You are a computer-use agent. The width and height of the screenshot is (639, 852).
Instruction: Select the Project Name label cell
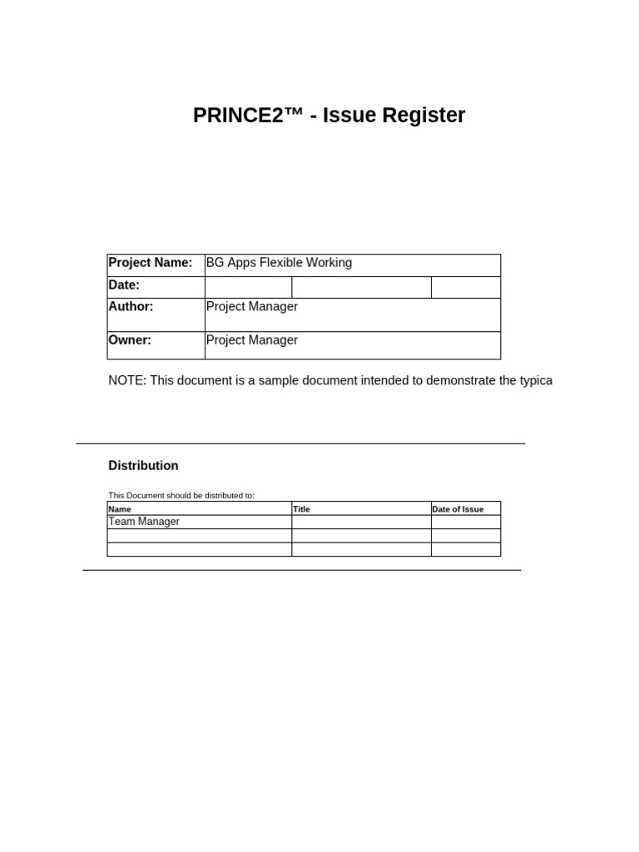pyautogui.click(x=151, y=263)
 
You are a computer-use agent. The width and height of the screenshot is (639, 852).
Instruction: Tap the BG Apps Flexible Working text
pyautogui.click(x=279, y=263)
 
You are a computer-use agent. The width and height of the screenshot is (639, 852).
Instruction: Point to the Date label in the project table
pyautogui.click(x=124, y=285)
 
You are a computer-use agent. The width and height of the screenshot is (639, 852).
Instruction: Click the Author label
pyautogui.click(x=131, y=307)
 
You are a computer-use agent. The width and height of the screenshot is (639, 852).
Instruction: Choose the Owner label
pyautogui.click(x=130, y=340)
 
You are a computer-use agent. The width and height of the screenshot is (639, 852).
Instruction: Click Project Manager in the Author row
pyautogui.click(x=251, y=307)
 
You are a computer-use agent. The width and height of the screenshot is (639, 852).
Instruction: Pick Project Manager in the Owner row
pyautogui.click(x=251, y=340)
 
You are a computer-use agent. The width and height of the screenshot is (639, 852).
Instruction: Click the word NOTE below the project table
pyautogui.click(x=126, y=381)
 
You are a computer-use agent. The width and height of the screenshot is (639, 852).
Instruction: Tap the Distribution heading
pyautogui.click(x=143, y=466)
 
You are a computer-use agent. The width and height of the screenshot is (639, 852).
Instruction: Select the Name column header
pyautogui.click(x=120, y=509)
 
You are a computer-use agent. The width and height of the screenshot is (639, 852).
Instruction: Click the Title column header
pyautogui.click(x=301, y=509)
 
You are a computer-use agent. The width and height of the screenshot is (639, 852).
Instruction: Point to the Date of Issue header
pyautogui.click(x=458, y=509)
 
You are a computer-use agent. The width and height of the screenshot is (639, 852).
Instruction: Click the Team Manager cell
pyautogui.click(x=144, y=522)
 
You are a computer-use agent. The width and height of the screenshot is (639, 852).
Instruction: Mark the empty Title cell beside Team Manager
pyautogui.click(x=361, y=523)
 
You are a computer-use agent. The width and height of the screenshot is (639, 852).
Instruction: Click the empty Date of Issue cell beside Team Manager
pyautogui.click(x=465, y=523)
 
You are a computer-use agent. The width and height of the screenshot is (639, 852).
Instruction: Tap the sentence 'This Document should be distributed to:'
pyautogui.click(x=181, y=496)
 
